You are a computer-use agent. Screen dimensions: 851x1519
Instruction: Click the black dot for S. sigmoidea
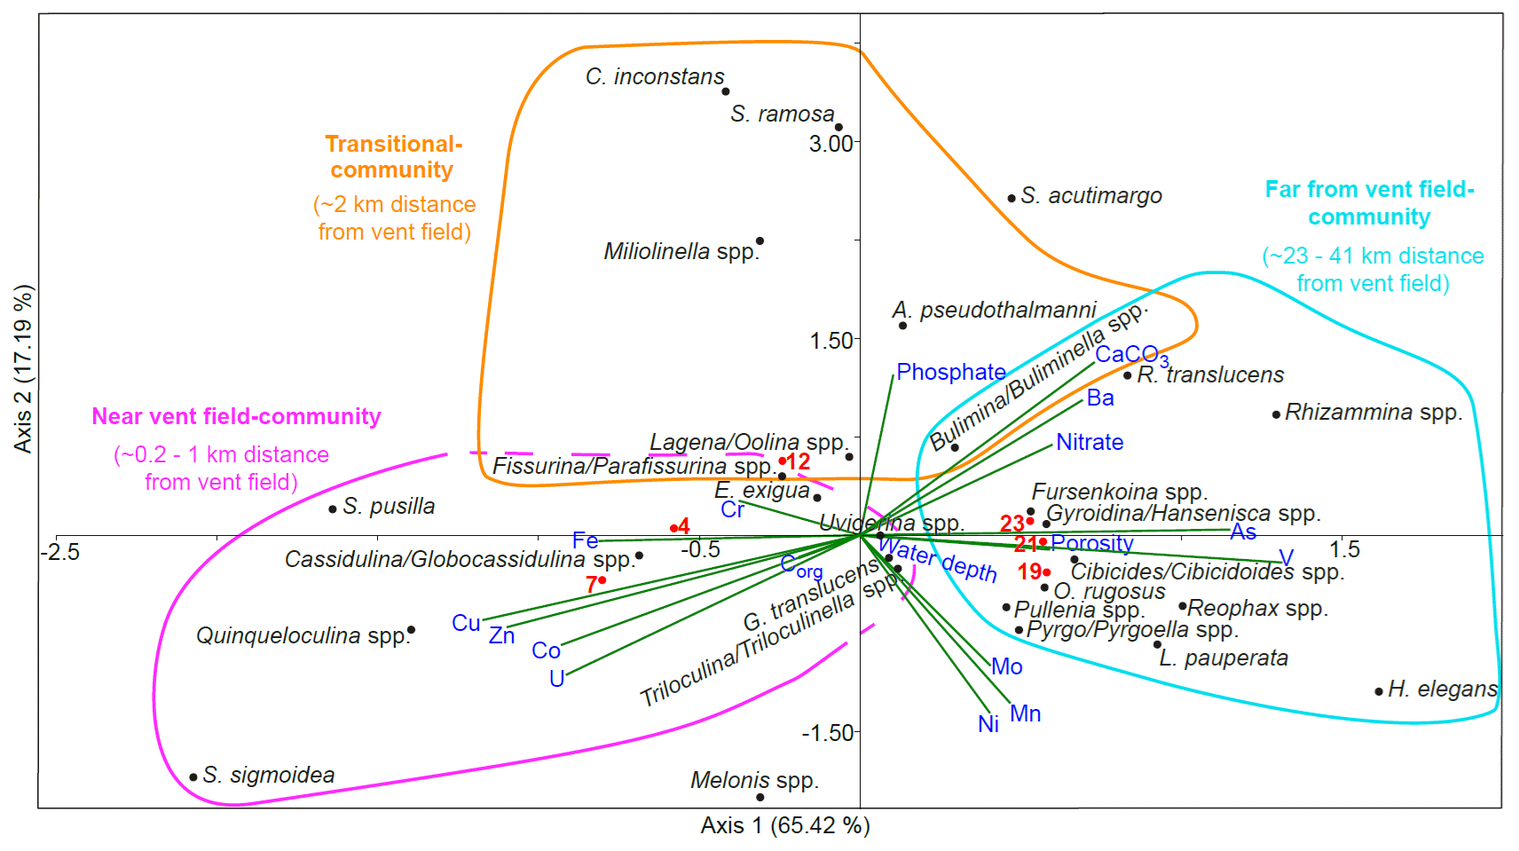pos(193,777)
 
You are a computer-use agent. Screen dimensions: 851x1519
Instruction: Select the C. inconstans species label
pos(655,77)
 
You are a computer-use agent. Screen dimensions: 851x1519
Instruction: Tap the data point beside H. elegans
pos(1379,691)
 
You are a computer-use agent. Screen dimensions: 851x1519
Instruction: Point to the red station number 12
pos(798,461)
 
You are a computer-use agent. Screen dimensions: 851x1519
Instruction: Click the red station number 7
pos(591,585)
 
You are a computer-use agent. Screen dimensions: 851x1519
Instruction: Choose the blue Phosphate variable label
pos(951,372)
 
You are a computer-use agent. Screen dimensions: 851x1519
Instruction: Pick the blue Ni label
pos(988,725)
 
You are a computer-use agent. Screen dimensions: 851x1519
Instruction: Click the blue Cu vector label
pos(466,623)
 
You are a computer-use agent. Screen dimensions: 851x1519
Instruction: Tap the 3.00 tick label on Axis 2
pos(830,144)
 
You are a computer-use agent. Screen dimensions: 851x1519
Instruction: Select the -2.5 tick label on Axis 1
pos(60,552)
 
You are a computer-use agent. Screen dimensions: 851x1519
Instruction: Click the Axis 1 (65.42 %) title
pos(785,826)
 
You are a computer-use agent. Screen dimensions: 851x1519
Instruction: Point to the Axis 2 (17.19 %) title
pos(23,369)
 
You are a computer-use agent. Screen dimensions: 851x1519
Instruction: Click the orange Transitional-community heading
pos(393,157)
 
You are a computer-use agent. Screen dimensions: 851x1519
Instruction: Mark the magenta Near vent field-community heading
pos(236,417)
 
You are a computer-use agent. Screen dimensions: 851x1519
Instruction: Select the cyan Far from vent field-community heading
pos(1369,203)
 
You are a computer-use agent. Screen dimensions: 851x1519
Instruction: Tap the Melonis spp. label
pos(754,781)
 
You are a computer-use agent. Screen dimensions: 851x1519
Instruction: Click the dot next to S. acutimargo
pos(1011,198)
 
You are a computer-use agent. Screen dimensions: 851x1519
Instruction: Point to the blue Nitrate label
pos(1090,442)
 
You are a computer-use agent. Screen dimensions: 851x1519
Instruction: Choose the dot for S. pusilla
pos(333,509)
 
